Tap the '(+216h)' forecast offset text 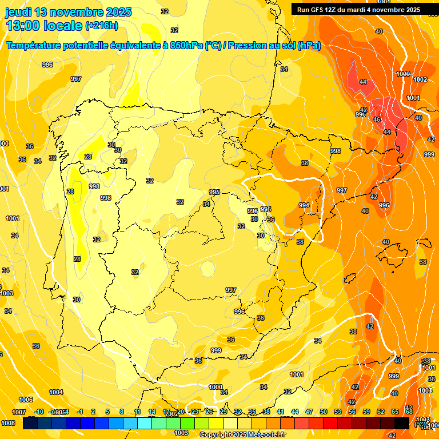(x=102, y=25)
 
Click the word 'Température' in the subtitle (x=34, y=46)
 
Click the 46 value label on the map (x=377, y=119)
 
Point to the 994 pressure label (x=304, y=205)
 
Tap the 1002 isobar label (x=420, y=79)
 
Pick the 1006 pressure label (x=26, y=400)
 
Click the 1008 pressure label (x=8, y=423)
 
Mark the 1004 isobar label (x=56, y=392)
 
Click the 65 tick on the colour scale (x=395, y=412)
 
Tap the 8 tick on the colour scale (x=122, y=412)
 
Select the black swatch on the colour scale (x=402, y=423)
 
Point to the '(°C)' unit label (x=421, y=424)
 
